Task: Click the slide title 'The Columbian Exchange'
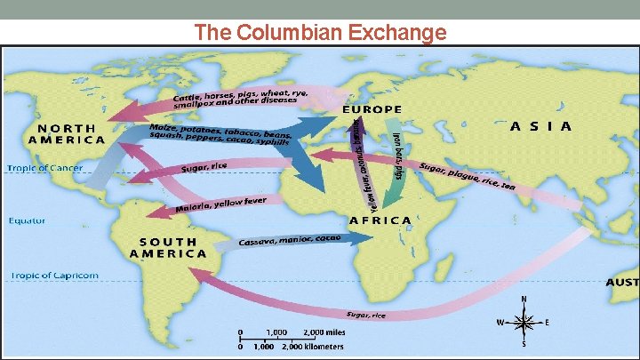(320, 33)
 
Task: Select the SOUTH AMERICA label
(168, 246)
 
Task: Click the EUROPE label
(372, 109)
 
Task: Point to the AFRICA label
(380, 220)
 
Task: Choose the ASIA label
(540, 126)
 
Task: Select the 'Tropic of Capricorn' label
(54, 276)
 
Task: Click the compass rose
(524, 321)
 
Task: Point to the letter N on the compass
(524, 300)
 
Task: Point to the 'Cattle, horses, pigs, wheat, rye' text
(240, 94)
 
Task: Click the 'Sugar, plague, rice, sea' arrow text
(466, 178)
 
